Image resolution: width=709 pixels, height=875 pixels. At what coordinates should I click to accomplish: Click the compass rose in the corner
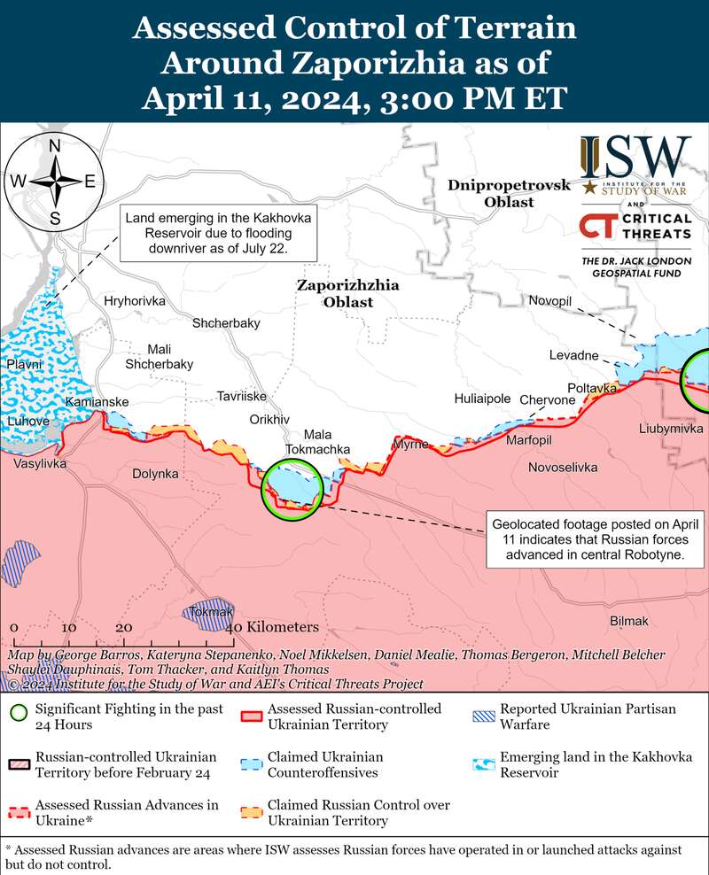54,182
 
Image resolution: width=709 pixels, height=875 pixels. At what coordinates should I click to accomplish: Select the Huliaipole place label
482,399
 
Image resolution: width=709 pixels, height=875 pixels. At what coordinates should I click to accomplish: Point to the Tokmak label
210,612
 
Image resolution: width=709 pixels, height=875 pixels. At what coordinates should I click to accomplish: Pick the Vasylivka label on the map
39,463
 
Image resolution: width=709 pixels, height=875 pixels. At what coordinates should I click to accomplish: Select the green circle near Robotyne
291,489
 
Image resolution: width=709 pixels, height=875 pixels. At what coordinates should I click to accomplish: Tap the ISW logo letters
635,157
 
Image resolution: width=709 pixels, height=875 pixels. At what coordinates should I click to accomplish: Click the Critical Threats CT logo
596,226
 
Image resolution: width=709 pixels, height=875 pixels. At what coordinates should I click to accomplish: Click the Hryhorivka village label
135,301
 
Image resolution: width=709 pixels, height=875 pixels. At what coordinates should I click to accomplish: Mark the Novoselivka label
563,467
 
